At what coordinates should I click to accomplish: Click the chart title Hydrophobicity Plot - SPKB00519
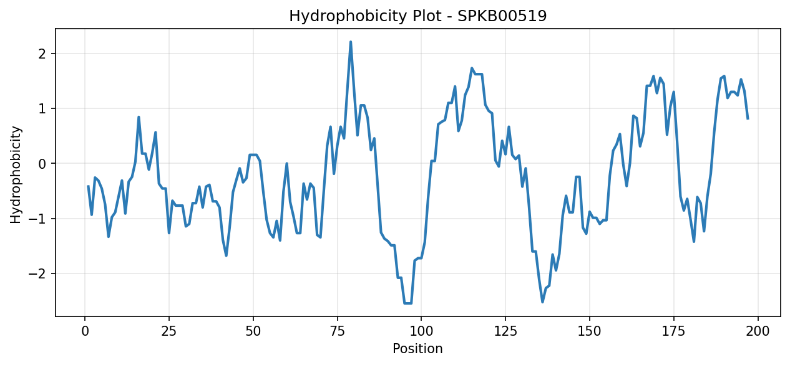tap(418, 16)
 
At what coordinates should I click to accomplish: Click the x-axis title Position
tap(417, 349)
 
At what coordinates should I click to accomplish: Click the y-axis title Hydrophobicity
tap(16, 174)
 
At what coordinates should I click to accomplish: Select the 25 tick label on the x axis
tap(168, 331)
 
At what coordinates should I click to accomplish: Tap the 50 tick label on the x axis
tap(253, 331)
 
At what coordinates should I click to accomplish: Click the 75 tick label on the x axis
tap(337, 331)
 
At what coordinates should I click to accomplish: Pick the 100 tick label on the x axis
tap(421, 331)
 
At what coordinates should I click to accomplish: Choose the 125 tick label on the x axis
tap(505, 331)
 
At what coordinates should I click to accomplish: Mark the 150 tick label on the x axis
tap(589, 331)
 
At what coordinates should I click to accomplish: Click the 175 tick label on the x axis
tap(673, 331)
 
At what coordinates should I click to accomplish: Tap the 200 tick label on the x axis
tap(758, 331)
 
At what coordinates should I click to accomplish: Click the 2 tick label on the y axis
tap(42, 54)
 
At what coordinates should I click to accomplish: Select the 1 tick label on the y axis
tap(42, 109)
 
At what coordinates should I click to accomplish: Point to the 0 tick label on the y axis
tap(42, 164)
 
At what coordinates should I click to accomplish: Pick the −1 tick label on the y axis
tap(37, 219)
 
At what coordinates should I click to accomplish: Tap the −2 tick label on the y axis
tap(37, 273)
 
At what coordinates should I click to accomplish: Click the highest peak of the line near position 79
tap(351, 42)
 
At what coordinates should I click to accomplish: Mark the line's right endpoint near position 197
tap(748, 118)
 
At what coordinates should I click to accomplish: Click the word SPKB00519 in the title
tap(502, 16)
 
